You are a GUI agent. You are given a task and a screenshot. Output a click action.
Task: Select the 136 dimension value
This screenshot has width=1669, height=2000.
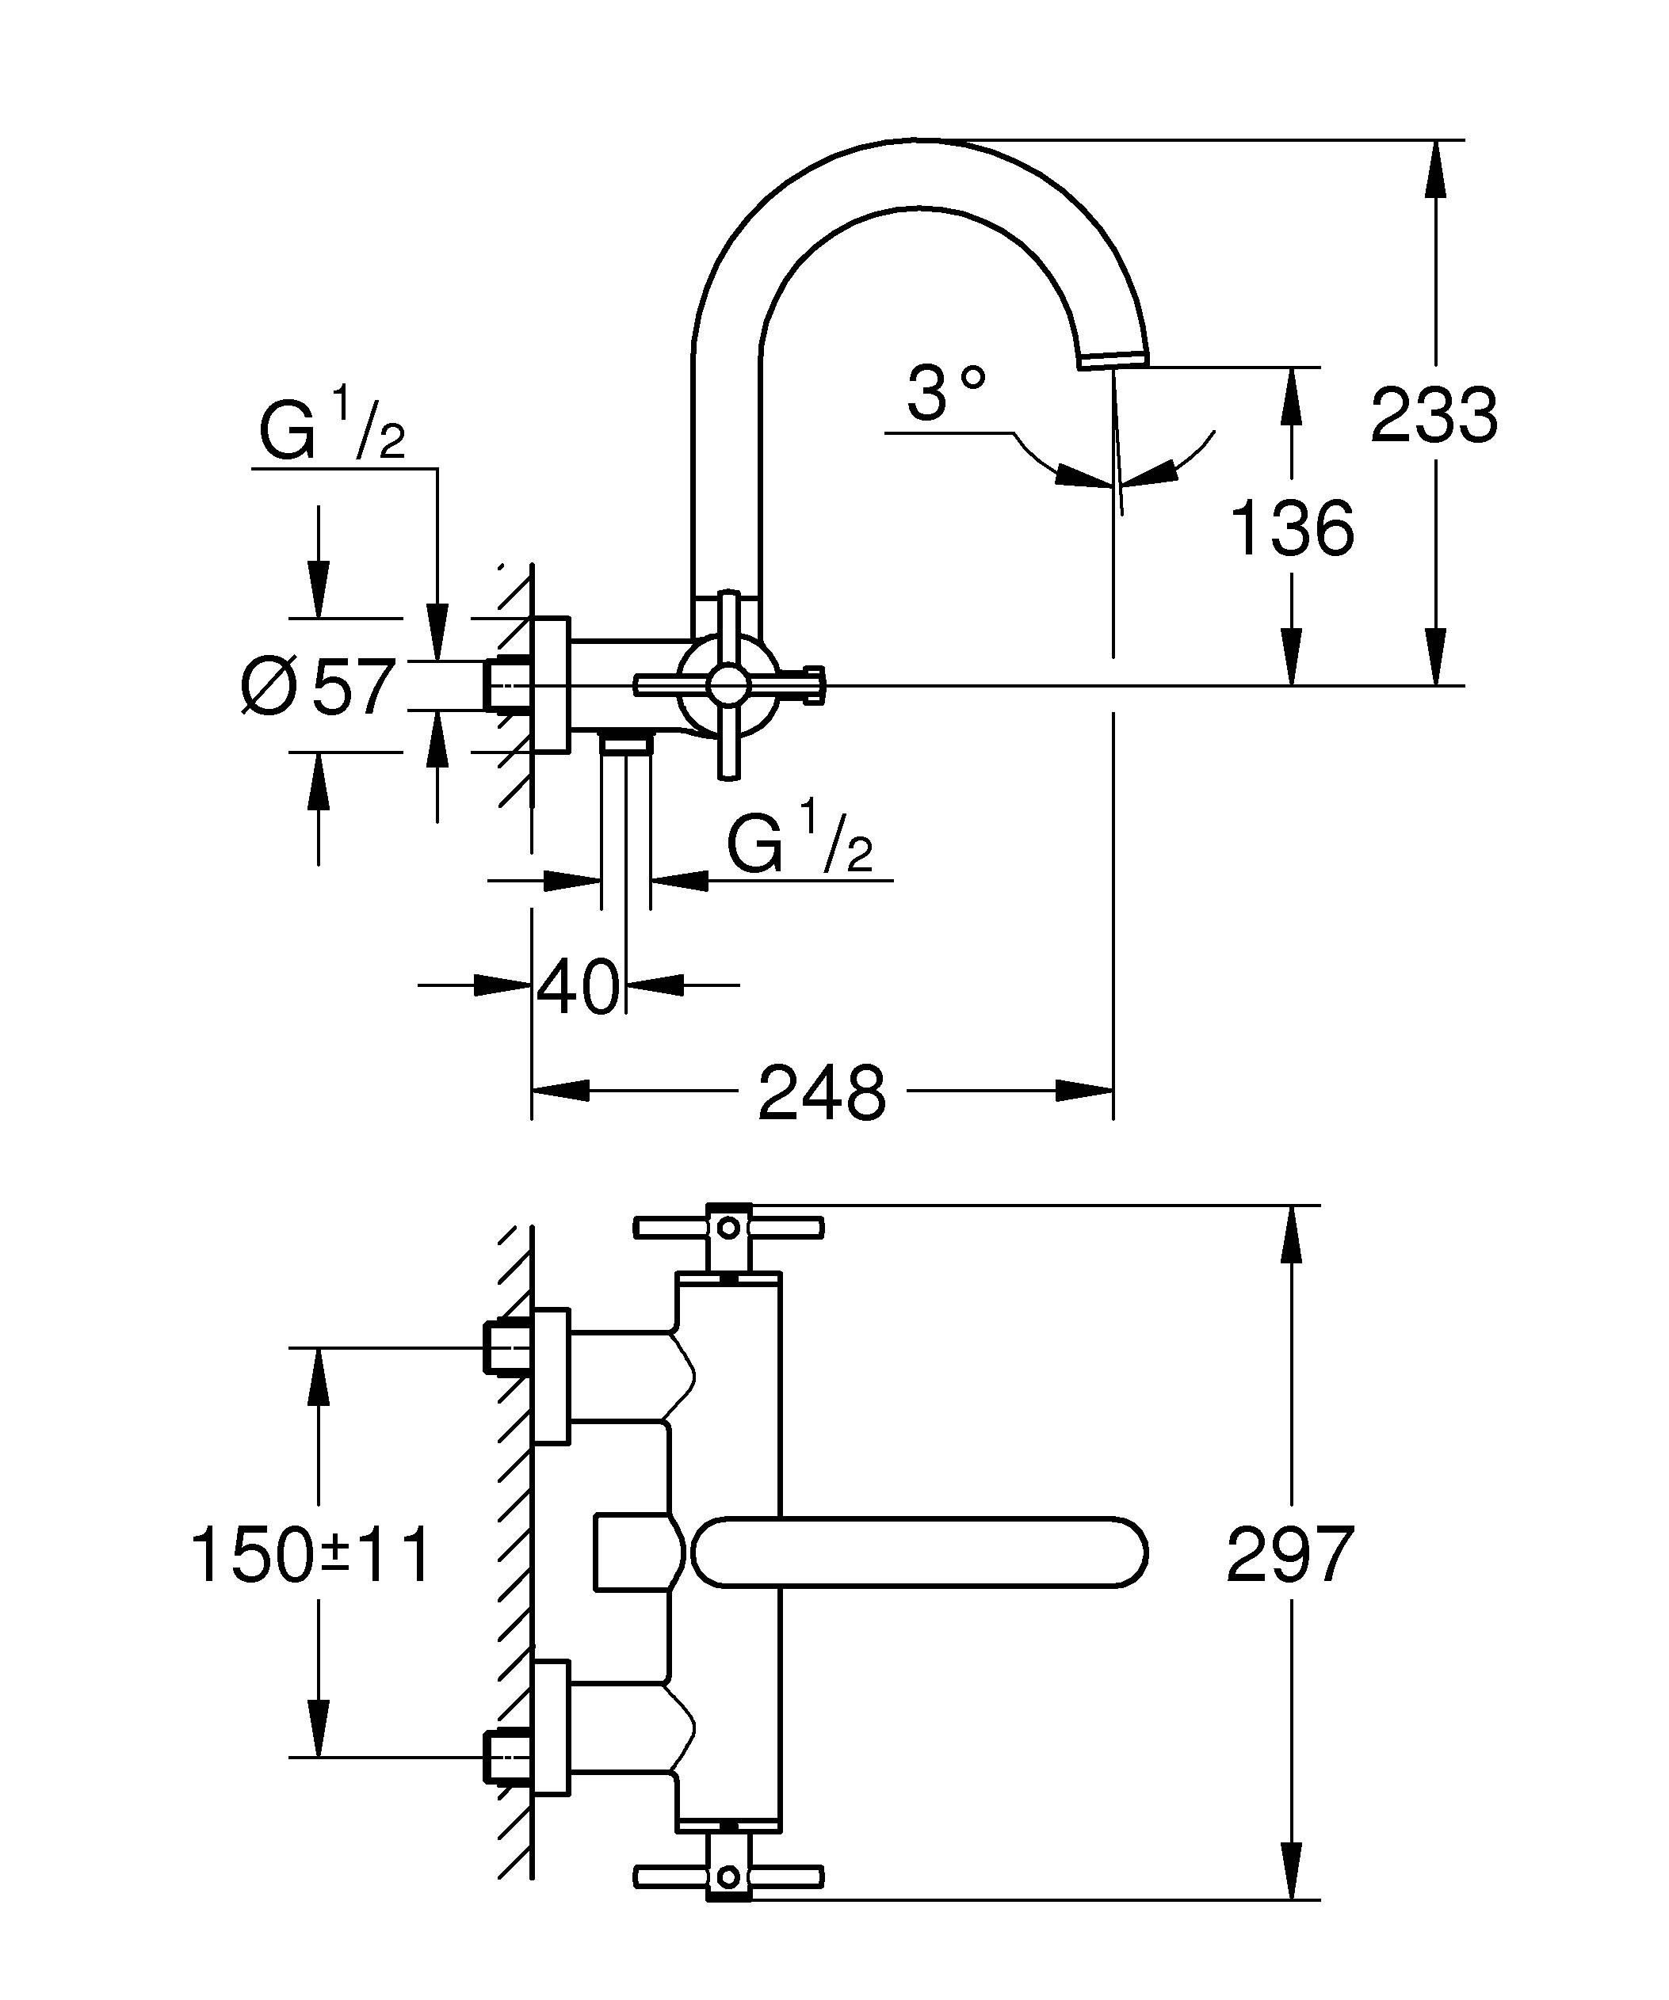1292,528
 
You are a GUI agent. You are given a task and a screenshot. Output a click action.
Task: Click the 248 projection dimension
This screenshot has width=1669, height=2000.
821,1093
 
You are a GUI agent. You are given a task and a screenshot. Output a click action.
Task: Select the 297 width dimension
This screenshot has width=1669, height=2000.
1289,1555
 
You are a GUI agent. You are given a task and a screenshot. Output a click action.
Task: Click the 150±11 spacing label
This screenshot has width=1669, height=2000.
311,1555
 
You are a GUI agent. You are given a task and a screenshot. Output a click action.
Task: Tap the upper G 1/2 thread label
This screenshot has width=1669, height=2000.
331,433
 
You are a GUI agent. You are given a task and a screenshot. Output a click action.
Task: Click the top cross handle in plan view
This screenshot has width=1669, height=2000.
728,1228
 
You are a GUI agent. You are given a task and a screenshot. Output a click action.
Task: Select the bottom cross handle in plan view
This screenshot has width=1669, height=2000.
728,1876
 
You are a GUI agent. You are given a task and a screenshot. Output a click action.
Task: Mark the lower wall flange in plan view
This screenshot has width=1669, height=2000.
551,1728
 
